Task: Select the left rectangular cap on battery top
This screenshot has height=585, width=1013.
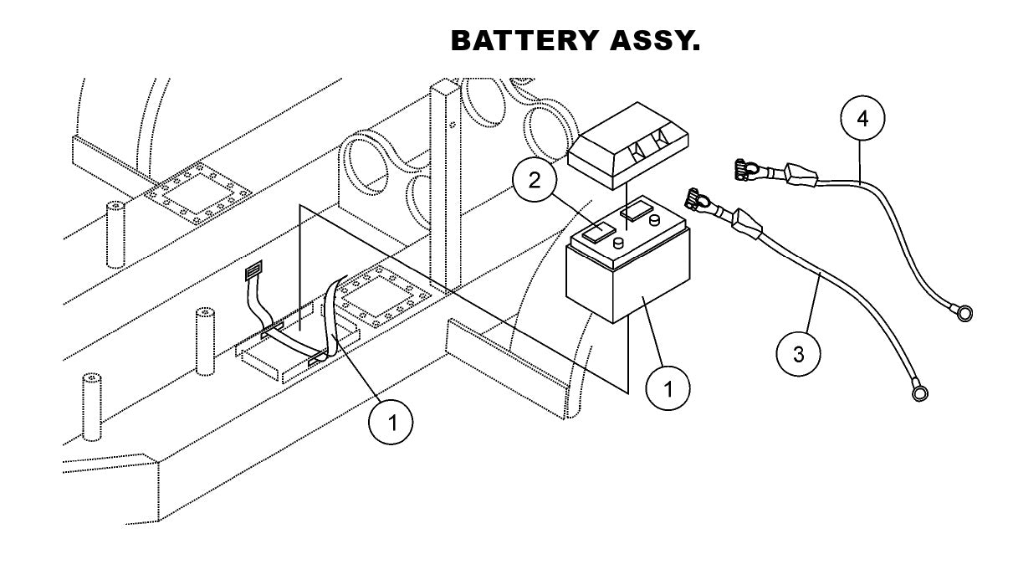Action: click(x=598, y=232)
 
